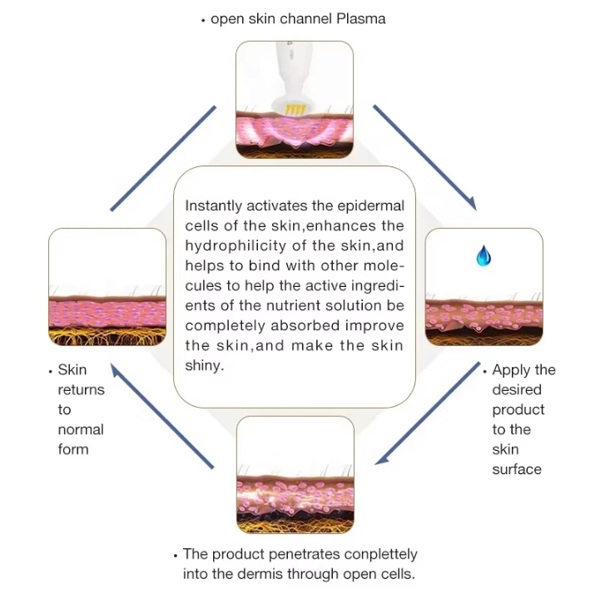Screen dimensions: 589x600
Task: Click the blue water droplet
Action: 483,256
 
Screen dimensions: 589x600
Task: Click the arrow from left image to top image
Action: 164,156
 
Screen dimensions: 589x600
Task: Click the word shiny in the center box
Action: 205,365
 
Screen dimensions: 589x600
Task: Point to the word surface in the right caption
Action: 517,469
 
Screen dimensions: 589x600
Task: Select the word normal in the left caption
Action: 81,429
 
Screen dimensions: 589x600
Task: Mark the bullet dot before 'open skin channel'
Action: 203,19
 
